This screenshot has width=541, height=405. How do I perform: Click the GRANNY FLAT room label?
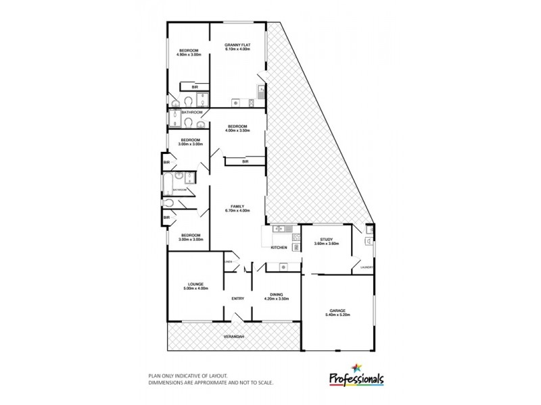[237, 45]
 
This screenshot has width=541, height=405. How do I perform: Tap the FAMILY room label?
[237, 206]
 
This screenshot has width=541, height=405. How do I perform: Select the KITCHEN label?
[279, 248]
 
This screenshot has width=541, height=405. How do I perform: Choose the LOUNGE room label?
[196, 284]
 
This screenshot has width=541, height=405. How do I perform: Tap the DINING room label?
[275, 294]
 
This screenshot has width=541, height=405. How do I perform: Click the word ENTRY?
[237, 298]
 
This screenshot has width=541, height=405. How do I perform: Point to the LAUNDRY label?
[367, 268]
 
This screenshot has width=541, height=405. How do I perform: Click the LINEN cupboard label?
[229, 261]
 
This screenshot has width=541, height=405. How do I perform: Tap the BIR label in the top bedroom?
[195, 87]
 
